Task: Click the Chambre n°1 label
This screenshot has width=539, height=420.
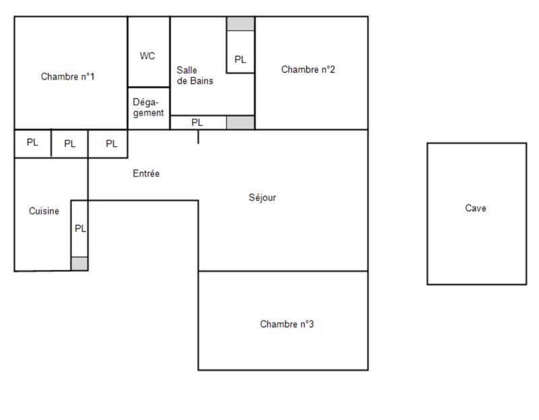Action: pos(67,77)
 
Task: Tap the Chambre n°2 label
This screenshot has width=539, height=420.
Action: pos(308,69)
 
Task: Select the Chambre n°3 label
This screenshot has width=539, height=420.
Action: pos(287,324)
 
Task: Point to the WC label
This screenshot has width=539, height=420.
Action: pos(148,56)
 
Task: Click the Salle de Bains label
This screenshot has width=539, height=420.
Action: pos(195,76)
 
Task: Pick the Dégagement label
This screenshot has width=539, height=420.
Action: pos(148,108)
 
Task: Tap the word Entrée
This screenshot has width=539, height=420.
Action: pos(146,174)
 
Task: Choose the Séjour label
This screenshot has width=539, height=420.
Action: pos(263,198)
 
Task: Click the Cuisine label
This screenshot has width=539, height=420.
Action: pos(44,211)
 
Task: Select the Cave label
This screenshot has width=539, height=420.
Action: pos(476,208)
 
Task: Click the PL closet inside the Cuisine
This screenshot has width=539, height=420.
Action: pos(80,229)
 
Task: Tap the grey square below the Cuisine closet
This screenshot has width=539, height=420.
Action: pos(80,264)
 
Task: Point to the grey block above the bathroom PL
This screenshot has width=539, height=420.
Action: pos(241,24)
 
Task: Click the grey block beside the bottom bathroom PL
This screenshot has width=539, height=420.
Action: pos(241,123)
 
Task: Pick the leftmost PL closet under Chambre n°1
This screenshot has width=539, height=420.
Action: pos(32,143)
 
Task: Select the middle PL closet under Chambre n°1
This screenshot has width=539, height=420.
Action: pos(70,144)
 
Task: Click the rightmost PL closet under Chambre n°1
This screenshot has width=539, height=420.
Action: pos(112,144)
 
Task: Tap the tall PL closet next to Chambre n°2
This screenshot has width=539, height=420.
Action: pos(241,59)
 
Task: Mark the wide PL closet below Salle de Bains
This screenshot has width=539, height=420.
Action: pos(197,123)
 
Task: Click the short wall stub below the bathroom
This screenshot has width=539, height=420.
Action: pos(198,137)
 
